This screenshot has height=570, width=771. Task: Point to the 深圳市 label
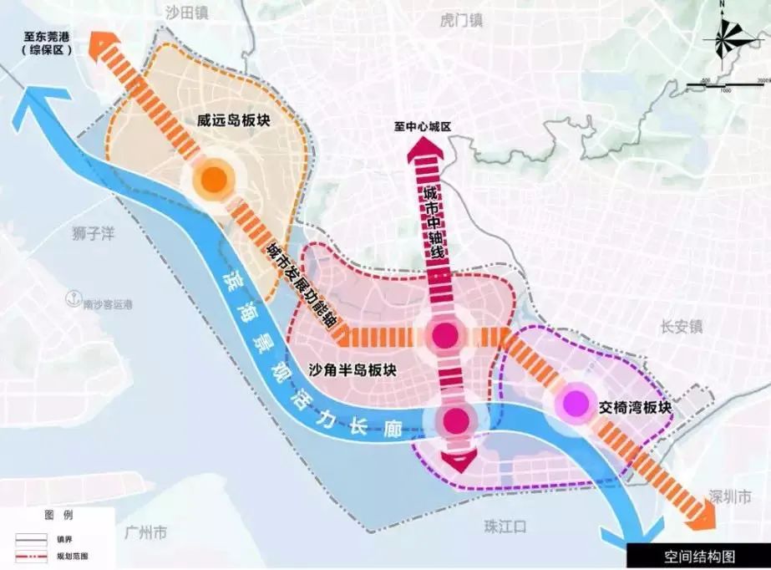coord(724,496)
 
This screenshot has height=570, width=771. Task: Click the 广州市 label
coord(144,532)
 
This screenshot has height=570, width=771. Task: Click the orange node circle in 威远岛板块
coord(212,178)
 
